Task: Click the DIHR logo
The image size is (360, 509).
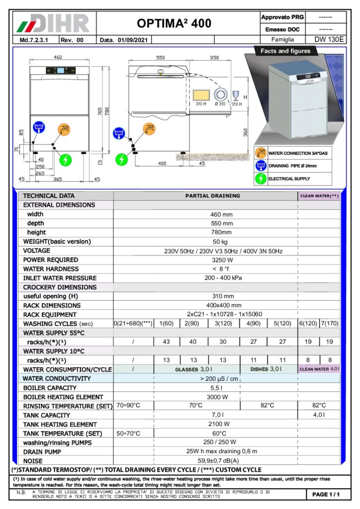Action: click(54, 23)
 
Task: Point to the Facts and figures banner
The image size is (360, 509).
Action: click(285, 51)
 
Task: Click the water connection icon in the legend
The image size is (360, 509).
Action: click(261, 153)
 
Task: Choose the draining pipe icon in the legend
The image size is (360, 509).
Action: click(261, 166)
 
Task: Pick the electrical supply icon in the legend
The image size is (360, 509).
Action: click(261, 178)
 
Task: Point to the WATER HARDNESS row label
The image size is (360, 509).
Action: click(51, 269)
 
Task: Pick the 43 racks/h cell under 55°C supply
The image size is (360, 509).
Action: click(167, 341)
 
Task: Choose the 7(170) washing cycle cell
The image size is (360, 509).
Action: click(329, 323)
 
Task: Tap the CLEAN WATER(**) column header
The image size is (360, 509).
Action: click(319, 196)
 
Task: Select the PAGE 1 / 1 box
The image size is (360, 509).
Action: click(326, 495)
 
